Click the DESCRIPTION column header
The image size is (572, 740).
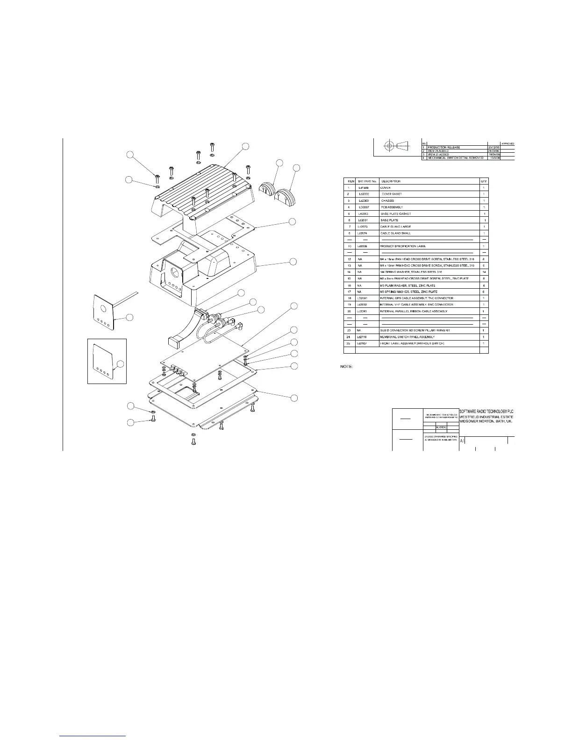point(391,181)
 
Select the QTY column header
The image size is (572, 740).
point(484,181)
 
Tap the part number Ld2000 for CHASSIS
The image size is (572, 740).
point(364,200)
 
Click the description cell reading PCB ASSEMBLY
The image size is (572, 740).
point(392,207)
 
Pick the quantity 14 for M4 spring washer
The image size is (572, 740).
point(484,272)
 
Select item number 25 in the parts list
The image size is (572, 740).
point(349,343)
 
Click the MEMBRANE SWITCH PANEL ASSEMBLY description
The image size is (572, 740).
point(408,337)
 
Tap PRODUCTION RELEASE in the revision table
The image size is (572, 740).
point(444,148)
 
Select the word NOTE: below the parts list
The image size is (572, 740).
point(346,367)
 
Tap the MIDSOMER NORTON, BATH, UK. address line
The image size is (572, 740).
point(487,421)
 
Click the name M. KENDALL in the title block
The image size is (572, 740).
point(441,427)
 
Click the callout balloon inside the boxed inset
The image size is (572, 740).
point(121,364)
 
